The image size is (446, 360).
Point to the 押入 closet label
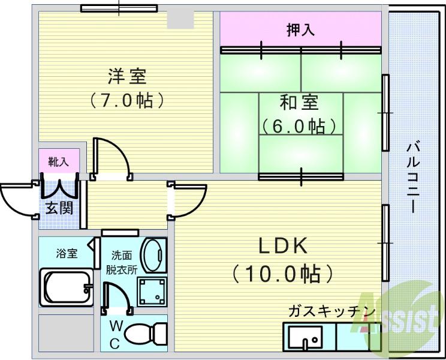pos(300,30)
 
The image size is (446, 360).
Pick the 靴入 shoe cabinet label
pos(59,162)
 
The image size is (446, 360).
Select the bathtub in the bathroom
pos(66,287)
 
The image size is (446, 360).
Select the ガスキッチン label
pos(331,311)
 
